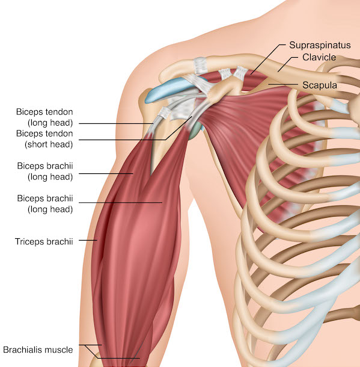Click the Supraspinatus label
(x=320, y=45)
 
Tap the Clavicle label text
(x=319, y=57)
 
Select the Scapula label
(x=320, y=85)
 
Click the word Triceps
(x=29, y=241)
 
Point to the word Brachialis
(x=23, y=350)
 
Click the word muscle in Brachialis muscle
(x=59, y=350)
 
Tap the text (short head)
(x=49, y=144)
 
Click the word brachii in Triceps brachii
(x=59, y=241)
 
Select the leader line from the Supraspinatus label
(x=268, y=59)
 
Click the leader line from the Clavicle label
(x=287, y=64)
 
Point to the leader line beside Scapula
(x=283, y=84)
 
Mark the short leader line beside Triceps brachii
(x=88, y=240)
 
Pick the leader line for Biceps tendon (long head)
(x=116, y=123)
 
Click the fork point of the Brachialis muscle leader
(x=85, y=345)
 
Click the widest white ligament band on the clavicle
(x=201, y=66)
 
